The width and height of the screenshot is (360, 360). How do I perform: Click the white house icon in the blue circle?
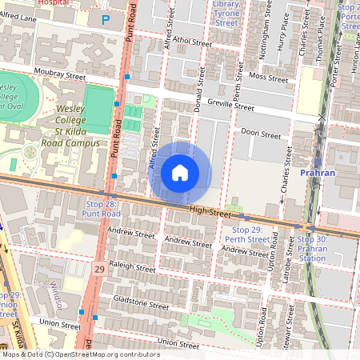pos(180,172)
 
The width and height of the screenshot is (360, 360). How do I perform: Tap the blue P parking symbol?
pos(106,19)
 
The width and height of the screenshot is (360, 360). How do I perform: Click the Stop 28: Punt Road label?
pos(102,209)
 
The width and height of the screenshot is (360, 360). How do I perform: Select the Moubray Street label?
pos(58,76)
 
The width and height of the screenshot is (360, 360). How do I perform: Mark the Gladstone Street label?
pos(142,305)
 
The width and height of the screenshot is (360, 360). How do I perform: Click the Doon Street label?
pos(261,134)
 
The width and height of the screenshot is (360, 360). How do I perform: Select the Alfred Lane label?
pos(18,16)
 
